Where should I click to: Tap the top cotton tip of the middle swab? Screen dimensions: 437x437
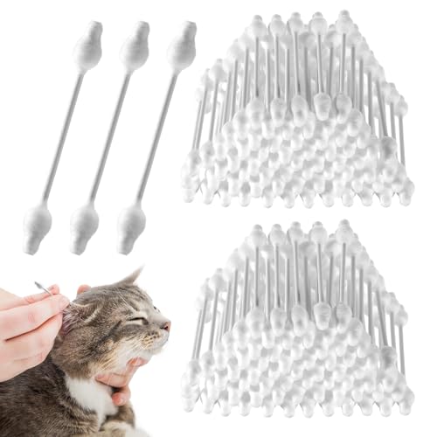(x=135, y=48)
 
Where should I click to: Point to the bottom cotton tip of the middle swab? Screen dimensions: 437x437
(x=84, y=226)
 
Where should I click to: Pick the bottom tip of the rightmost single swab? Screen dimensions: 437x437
(x=131, y=226)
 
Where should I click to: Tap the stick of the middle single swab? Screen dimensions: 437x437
(x=109, y=137)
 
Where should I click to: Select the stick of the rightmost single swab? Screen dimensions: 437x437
(x=156, y=137)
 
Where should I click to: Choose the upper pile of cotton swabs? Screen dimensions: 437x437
(x=297, y=114)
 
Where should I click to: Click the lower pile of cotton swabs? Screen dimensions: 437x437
(x=297, y=323)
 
